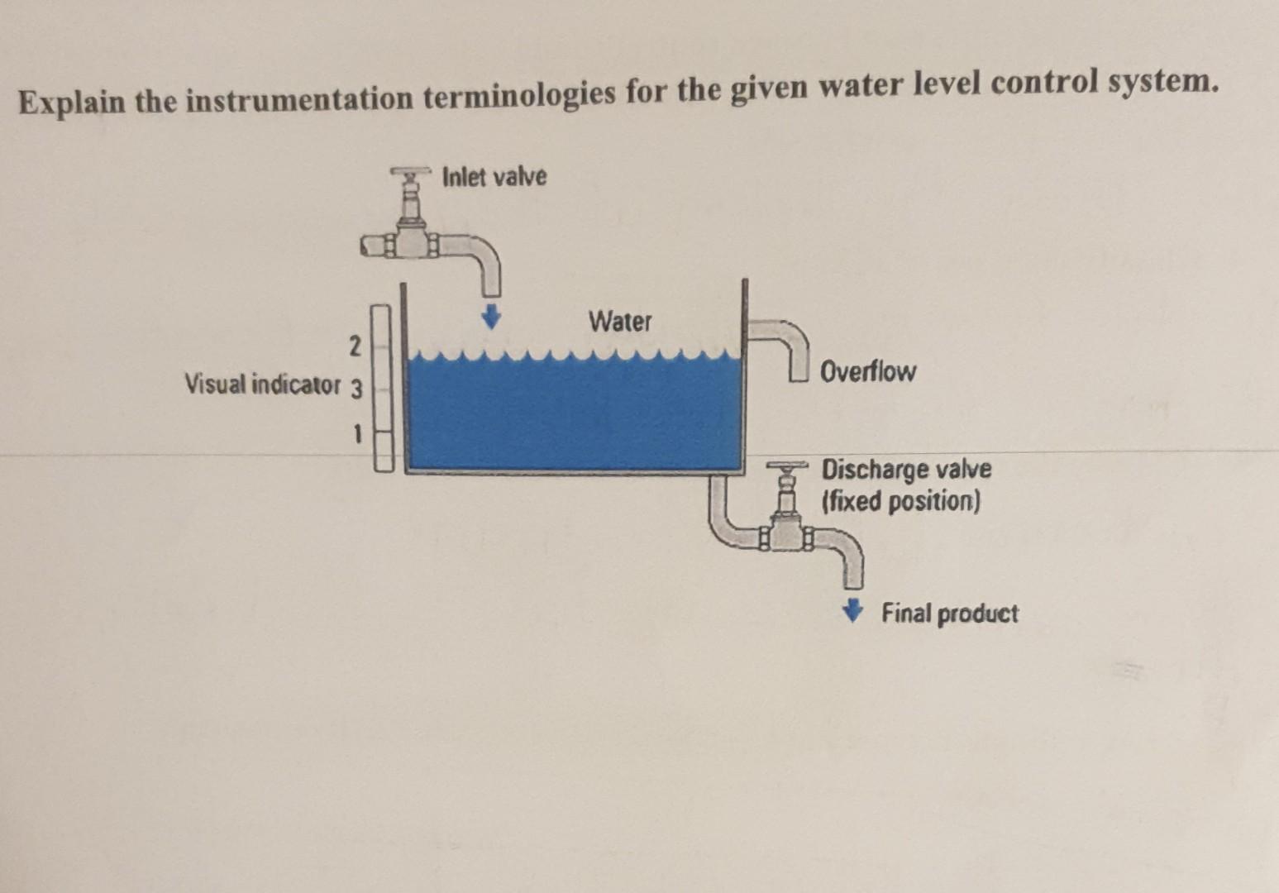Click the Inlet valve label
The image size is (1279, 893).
pos(494,176)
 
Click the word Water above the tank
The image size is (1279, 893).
pos(620,321)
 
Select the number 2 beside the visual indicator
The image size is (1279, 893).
pos(355,346)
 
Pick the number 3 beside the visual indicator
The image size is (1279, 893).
pos(356,389)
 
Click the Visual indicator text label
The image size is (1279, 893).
pos(262,384)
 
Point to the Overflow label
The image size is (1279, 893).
pos(868,371)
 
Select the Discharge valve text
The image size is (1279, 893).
pos(906,470)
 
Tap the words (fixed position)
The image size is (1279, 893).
pos(900,501)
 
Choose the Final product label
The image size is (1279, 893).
pos(949,614)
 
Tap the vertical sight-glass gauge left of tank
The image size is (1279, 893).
pos(381,388)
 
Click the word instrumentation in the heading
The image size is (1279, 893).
pos(298,99)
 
